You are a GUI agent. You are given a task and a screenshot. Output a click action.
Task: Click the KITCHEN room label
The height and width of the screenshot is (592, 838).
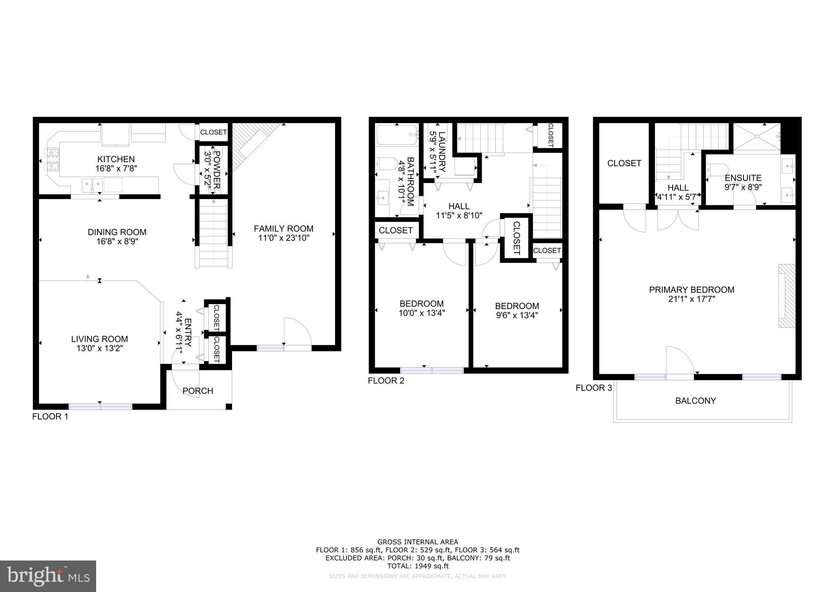[x=116, y=159]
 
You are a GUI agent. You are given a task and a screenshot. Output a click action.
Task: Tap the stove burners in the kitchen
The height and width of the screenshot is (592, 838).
[x=52, y=160]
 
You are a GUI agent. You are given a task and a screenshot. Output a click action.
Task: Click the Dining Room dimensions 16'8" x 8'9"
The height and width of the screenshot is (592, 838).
[x=117, y=242]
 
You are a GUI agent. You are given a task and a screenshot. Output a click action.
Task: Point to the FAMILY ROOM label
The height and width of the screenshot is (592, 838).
[x=284, y=229]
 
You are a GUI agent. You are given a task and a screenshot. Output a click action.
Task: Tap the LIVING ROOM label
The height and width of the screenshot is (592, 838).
[x=99, y=339]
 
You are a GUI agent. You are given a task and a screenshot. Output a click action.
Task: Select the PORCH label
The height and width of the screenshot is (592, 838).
[x=198, y=391]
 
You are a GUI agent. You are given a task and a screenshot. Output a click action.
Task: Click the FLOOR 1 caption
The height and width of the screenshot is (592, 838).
[x=50, y=417]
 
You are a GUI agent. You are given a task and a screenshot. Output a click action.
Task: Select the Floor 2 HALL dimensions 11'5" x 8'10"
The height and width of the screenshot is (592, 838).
[x=459, y=215]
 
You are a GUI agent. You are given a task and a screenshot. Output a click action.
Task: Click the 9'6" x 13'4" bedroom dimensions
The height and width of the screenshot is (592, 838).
[x=517, y=315]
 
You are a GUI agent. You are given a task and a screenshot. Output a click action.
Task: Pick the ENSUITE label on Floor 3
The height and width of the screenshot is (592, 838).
[x=743, y=178]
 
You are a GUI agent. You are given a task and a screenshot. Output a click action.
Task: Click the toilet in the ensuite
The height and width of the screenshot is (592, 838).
[x=719, y=169]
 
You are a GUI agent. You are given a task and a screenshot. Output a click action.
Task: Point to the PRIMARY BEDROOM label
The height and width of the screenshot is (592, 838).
[x=692, y=290]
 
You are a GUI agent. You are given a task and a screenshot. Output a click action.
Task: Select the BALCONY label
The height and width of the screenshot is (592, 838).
[x=696, y=401]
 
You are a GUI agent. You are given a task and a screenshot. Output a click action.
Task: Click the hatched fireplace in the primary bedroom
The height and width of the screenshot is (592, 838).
[x=786, y=296]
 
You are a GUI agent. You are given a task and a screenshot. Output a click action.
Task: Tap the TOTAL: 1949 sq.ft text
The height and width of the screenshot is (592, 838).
[x=418, y=566]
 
